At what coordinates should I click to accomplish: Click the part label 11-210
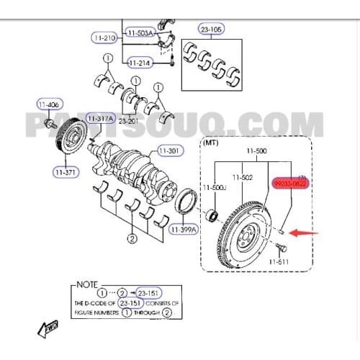click(x=105, y=37)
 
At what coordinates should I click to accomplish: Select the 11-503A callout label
click(x=140, y=32)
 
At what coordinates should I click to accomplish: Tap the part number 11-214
click(x=140, y=63)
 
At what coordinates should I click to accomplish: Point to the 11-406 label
click(x=49, y=104)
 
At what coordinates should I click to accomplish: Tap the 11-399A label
click(x=184, y=230)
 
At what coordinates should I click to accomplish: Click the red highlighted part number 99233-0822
click(x=291, y=184)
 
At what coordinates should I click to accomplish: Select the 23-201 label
click(x=129, y=121)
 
